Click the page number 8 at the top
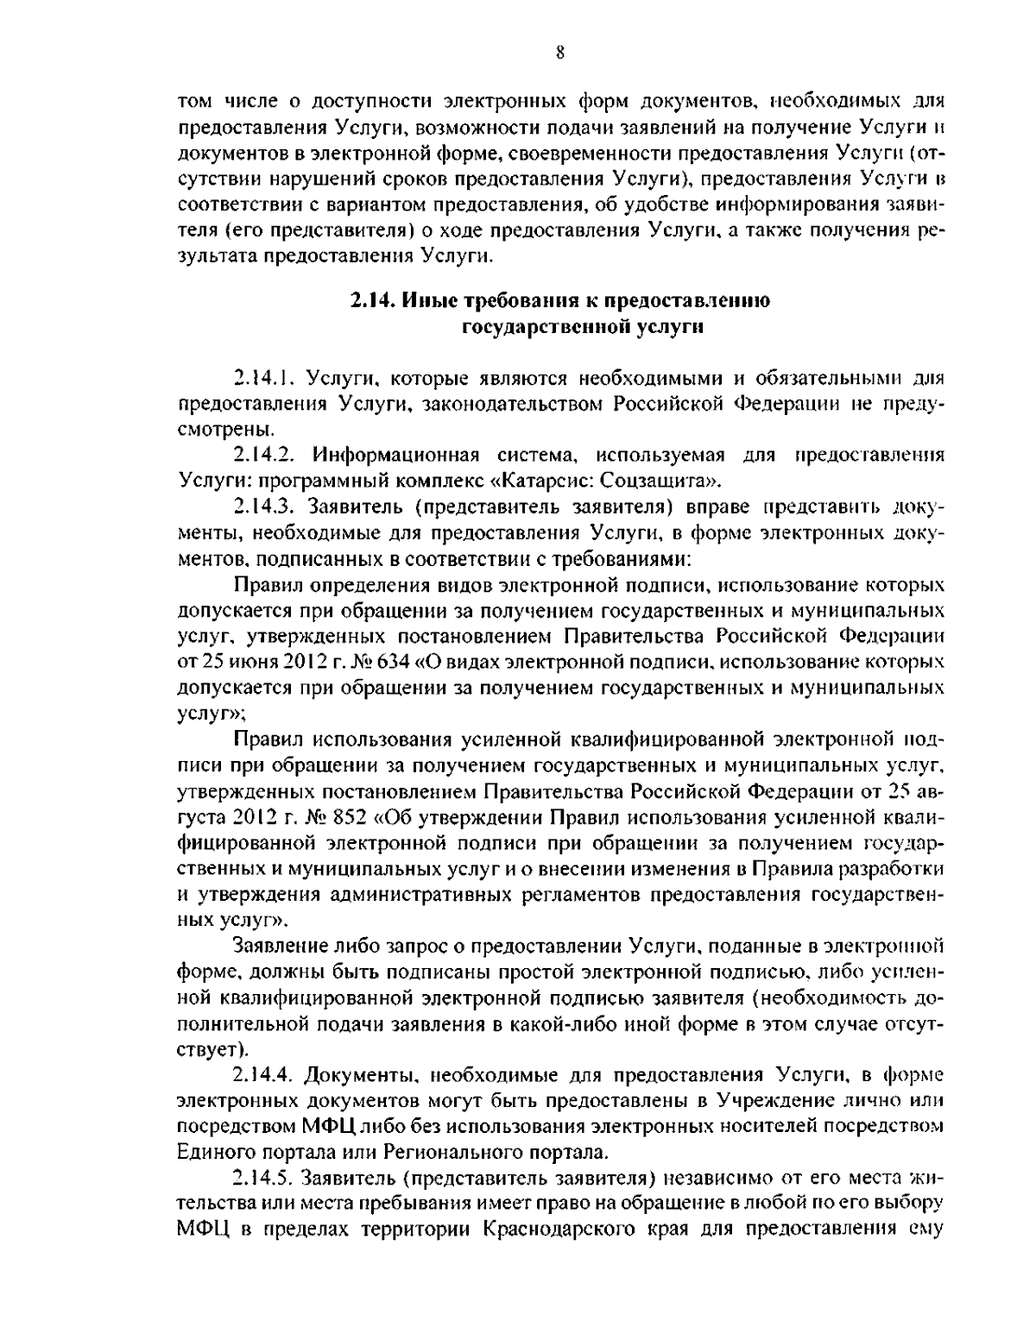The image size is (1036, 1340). [x=559, y=53]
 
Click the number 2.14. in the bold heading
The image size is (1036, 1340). [x=374, y=301]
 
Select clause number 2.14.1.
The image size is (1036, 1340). [x=266, y=378]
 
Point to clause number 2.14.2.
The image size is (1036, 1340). [x=266, y=454]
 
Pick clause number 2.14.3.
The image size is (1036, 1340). [x=266, y=505]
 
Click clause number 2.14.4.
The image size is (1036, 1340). [x=266, y=1075]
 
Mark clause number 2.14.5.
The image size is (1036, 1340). [x=266, y=1178]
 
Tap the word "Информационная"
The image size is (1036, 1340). [x=387, y=454]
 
